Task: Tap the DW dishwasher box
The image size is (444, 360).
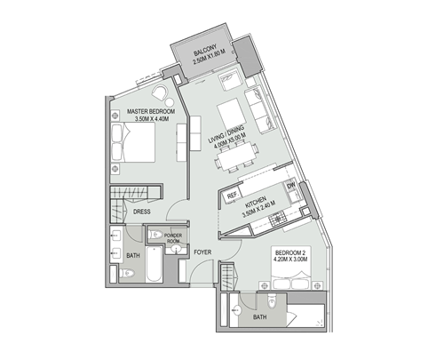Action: tap(290, 186)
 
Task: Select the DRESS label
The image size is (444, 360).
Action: tap(141, 212)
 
